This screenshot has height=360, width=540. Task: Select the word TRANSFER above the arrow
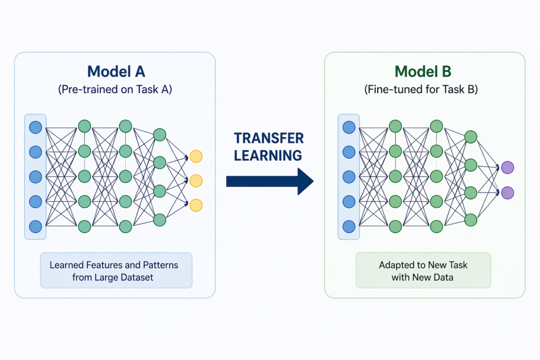pos(269,139)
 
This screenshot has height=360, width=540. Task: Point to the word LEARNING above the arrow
pos(268,155)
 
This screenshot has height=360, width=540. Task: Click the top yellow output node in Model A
pos(196,156)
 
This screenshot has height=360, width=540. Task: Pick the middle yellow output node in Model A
pos(196,181)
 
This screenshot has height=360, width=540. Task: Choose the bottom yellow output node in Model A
pos(196,205)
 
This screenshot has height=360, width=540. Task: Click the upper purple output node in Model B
pos(507,168)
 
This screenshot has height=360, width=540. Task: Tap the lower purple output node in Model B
pos(507,193)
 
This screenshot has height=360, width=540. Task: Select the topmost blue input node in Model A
pos(35,127)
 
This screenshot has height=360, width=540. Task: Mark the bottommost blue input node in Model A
pos(35,227)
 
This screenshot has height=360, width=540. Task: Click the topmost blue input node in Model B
pos(349,127)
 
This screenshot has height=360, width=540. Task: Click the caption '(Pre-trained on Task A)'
pos(114,90)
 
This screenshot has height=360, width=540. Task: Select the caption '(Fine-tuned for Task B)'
pos(424,90)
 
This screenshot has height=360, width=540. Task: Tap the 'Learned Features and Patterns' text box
pos(116,270)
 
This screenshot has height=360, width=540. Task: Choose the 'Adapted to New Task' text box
pos(423,270)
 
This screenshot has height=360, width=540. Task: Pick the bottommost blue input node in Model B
pos(349,227)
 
